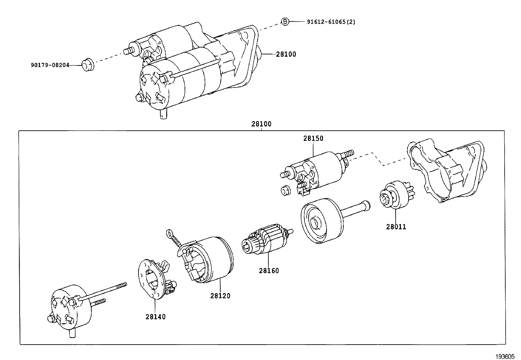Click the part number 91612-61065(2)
click(x=331, y=22)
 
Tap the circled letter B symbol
click(x=285, y=22)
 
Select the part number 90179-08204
click(x=50, y=65)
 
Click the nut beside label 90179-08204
click(x=87, y=64)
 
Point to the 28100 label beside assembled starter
click(x=286, y=54)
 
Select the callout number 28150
click(x=313, y=138)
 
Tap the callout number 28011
click(x=396, y=227)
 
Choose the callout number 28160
click(x=269, y=271)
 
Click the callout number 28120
click(x=220, y=296)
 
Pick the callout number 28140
click(x=155, y=317)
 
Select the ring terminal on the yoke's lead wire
click(x=170, y=233)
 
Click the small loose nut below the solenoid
click(x=286, y=190)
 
